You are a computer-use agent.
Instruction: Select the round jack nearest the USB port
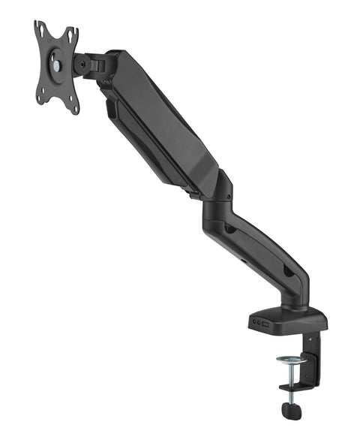coord(259,321)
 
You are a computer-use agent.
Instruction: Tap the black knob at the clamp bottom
coord(291,411)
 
